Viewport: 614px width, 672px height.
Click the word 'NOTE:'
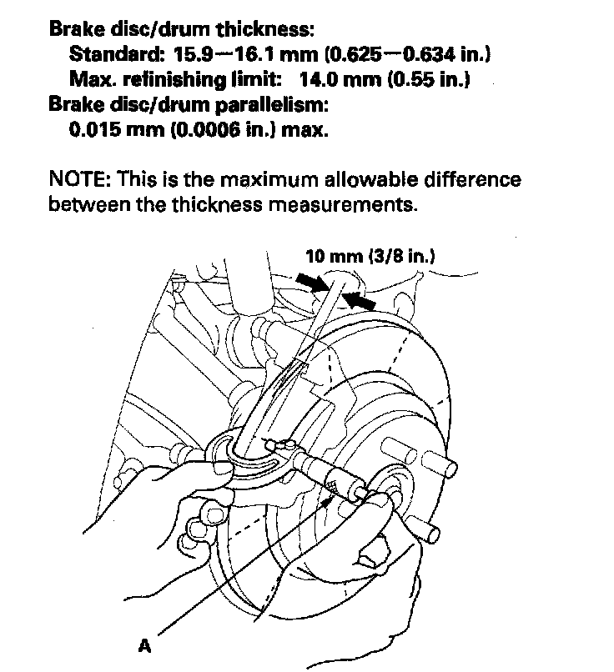[79, 180]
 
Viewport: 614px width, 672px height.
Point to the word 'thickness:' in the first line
[264, 31]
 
